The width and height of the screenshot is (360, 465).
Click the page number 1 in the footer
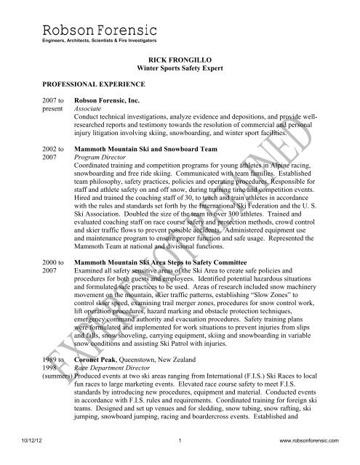[x=180, y=458]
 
